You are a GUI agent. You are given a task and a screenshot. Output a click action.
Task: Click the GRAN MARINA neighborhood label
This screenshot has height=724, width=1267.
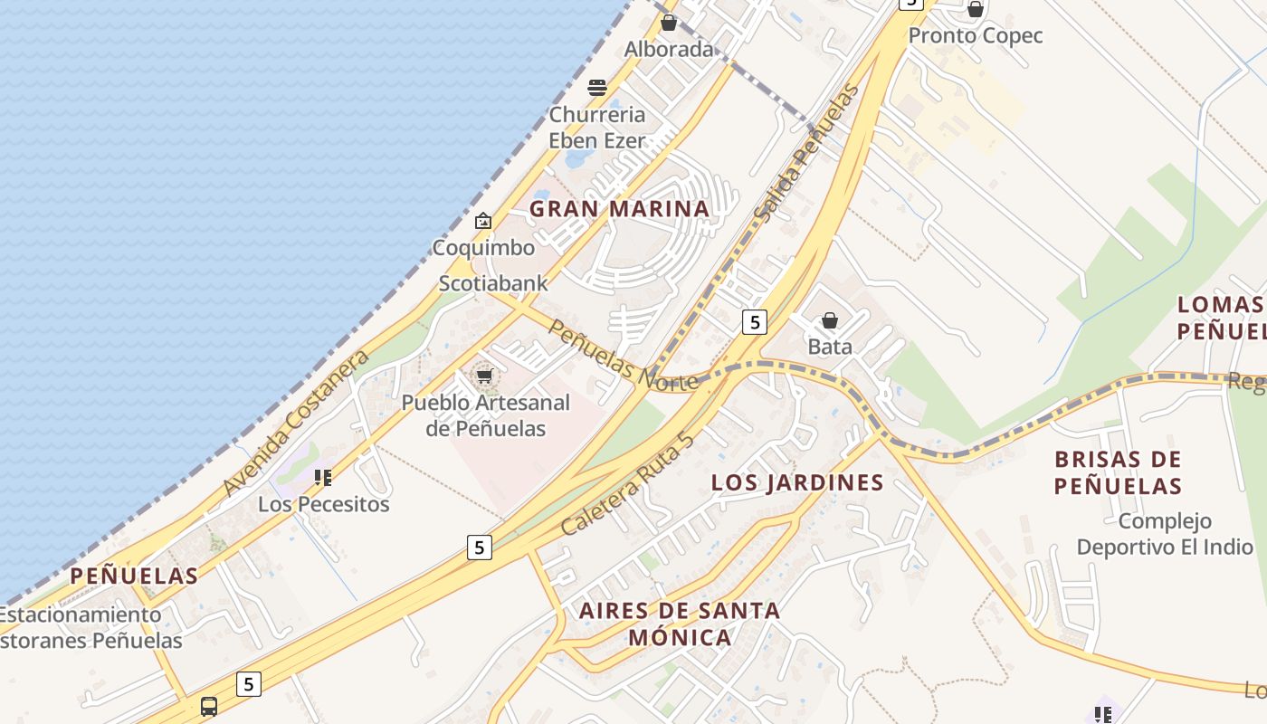pos(619,209)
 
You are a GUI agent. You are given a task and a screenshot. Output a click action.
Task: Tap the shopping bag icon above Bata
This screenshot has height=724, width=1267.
pos(829,320)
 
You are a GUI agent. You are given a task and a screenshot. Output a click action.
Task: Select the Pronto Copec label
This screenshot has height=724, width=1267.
pos(976,36)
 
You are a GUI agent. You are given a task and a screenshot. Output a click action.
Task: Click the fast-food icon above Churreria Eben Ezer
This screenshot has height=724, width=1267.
pos(596,88)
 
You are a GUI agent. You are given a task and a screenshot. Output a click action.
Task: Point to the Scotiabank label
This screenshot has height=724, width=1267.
pos(493,283)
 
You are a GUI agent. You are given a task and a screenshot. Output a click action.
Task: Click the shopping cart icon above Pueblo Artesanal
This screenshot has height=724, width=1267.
pos(485,376)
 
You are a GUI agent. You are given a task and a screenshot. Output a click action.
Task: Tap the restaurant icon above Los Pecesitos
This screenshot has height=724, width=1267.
pos(323,477)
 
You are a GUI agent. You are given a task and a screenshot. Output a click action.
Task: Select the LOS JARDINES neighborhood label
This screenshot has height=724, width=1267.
pos(797,482)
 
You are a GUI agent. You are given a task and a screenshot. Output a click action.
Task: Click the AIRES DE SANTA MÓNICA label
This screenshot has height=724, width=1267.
pos(680,624)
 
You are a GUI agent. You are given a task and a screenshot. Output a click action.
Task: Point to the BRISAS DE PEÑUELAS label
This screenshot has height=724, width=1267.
pos(1118,472)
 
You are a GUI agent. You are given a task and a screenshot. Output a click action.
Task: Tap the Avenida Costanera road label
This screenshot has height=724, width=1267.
pos(296,423)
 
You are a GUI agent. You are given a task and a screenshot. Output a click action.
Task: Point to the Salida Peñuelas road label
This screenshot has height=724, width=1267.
pos(805,154)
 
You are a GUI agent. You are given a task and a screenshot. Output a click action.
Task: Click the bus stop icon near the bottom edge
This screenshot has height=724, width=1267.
pos(209,706)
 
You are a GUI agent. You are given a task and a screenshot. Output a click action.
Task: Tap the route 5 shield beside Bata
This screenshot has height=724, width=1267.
pos(755,321)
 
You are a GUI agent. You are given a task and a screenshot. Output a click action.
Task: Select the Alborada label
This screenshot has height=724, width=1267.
pos(669,50)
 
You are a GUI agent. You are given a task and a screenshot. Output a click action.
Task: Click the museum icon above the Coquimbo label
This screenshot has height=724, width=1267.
pos(483,221)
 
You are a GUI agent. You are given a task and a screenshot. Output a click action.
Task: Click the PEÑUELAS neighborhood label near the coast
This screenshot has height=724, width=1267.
pos(134,576)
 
